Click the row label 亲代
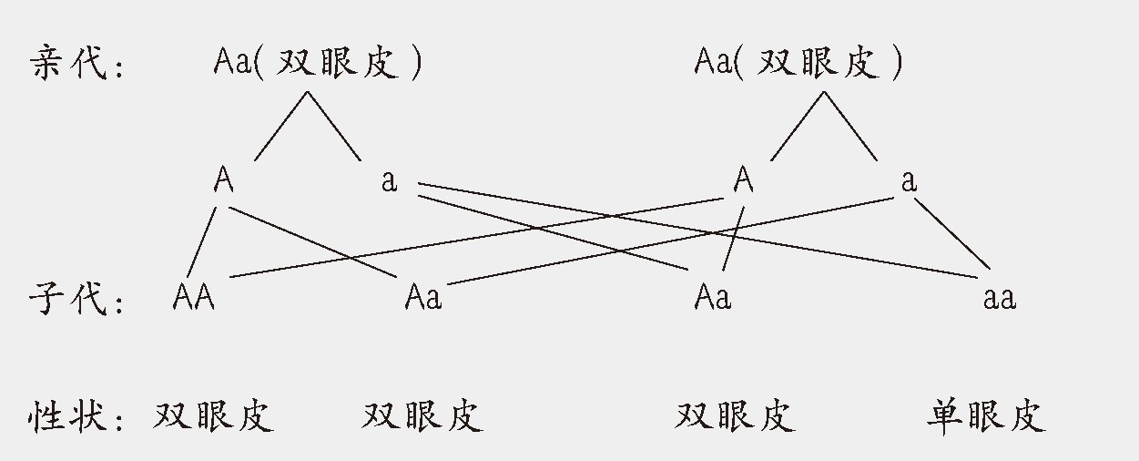[68, 64]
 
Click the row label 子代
[68, 297]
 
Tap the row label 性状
[68, 415]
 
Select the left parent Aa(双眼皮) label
[318, 63]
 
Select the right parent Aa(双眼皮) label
[798, 63]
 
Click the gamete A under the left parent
[224, 180]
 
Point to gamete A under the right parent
[744, 180]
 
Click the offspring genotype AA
[194, 297]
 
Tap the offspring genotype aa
[999, 297]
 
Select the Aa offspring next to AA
[422, 297]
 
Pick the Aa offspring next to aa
[712, 297]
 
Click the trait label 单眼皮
[986, 415]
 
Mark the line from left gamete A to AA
[202, 241]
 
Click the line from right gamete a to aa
[951, 234]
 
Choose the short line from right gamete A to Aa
[734, 239]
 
